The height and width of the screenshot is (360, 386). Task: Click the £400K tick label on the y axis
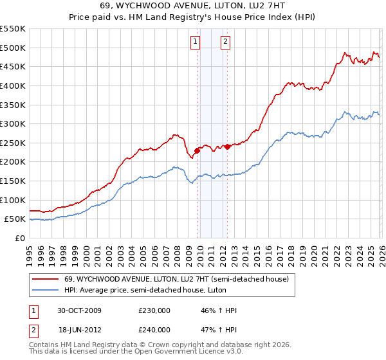pos(13,85)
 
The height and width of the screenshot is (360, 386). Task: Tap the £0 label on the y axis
pos(19,239)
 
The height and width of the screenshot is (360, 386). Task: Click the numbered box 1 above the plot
pos(196,42)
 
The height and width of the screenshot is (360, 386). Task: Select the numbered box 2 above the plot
pos(226,42)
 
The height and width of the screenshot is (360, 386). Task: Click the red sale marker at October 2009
pos(197,150)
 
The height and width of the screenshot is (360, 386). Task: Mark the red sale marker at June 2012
pos(227,147)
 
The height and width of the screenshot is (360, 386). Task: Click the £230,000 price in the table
pos(154,310)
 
